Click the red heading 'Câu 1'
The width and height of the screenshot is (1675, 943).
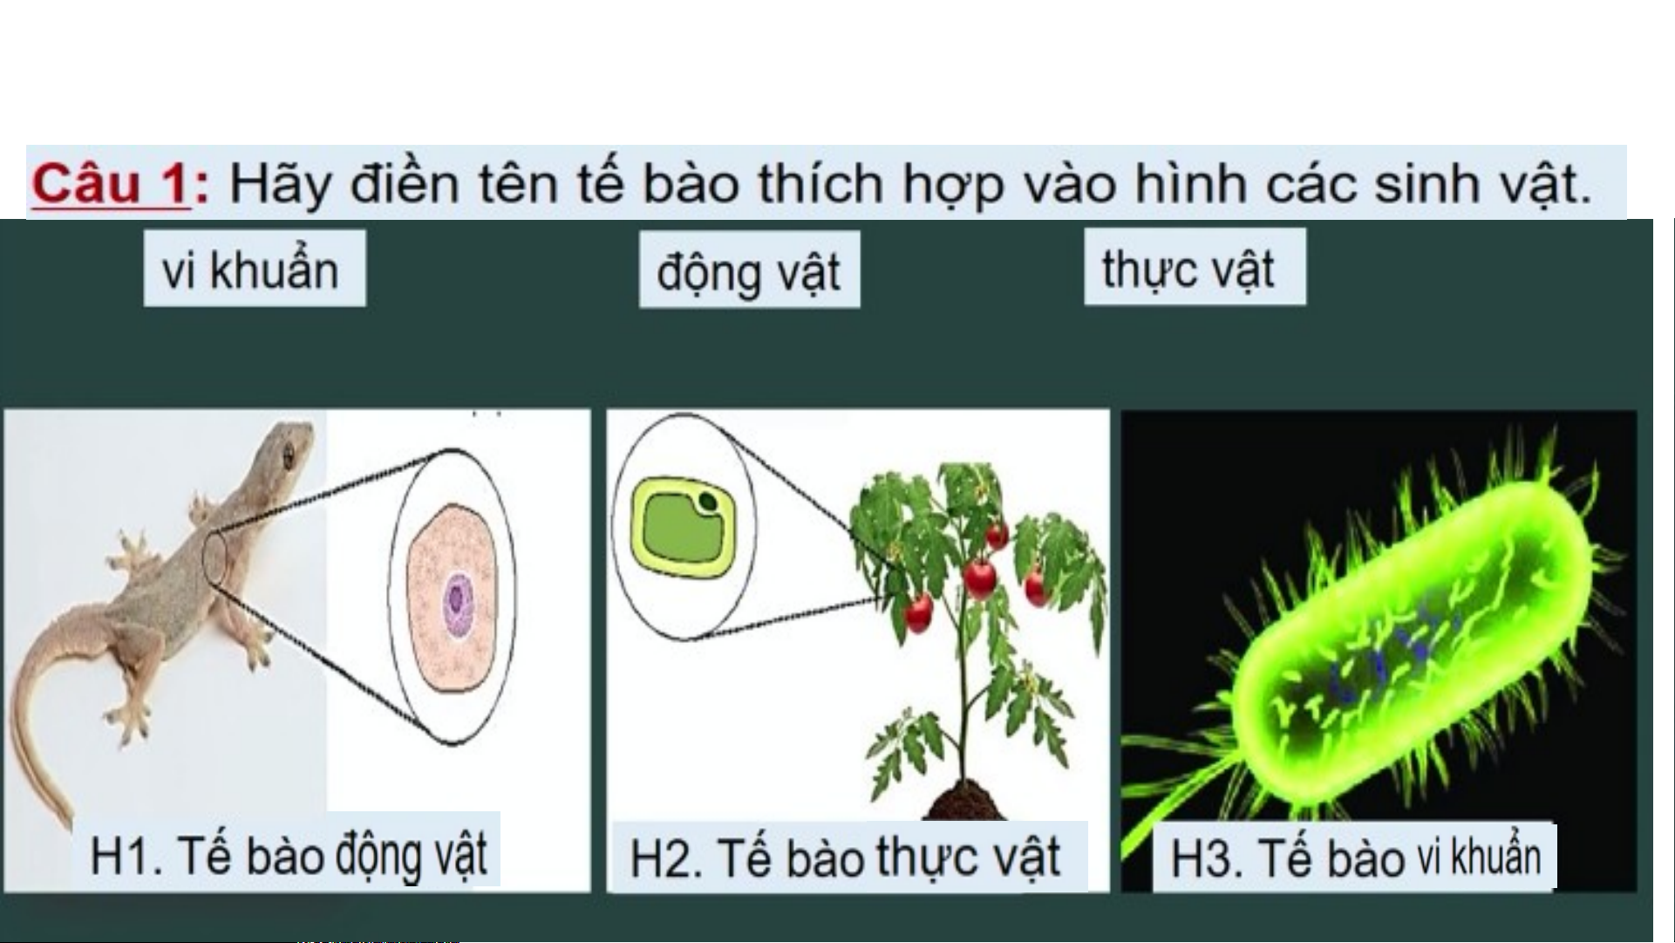111,185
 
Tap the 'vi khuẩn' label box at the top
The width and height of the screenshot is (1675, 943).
255,269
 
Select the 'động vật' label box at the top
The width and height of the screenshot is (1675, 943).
749,270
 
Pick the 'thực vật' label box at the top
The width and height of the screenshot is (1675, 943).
1195,268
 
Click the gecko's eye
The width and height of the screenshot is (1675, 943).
289,451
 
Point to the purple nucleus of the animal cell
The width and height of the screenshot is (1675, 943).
456,600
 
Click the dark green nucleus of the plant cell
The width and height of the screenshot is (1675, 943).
709,502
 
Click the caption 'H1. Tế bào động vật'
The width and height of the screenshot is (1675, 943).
289,855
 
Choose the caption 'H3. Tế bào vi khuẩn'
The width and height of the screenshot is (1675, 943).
1354,857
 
